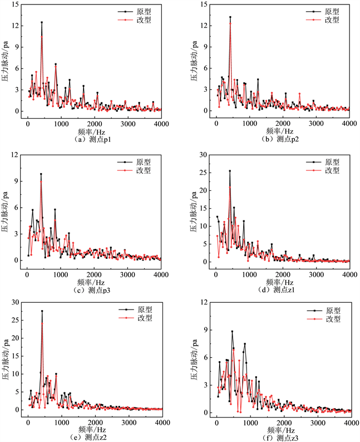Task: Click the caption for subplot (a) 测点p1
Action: coord(93,139)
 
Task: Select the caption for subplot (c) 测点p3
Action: coord(93,289)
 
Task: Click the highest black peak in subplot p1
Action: coord(42,22)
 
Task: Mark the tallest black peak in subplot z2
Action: coord(42,311)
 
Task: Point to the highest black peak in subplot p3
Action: coord(41,174)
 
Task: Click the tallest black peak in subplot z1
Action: coord(230,171)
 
